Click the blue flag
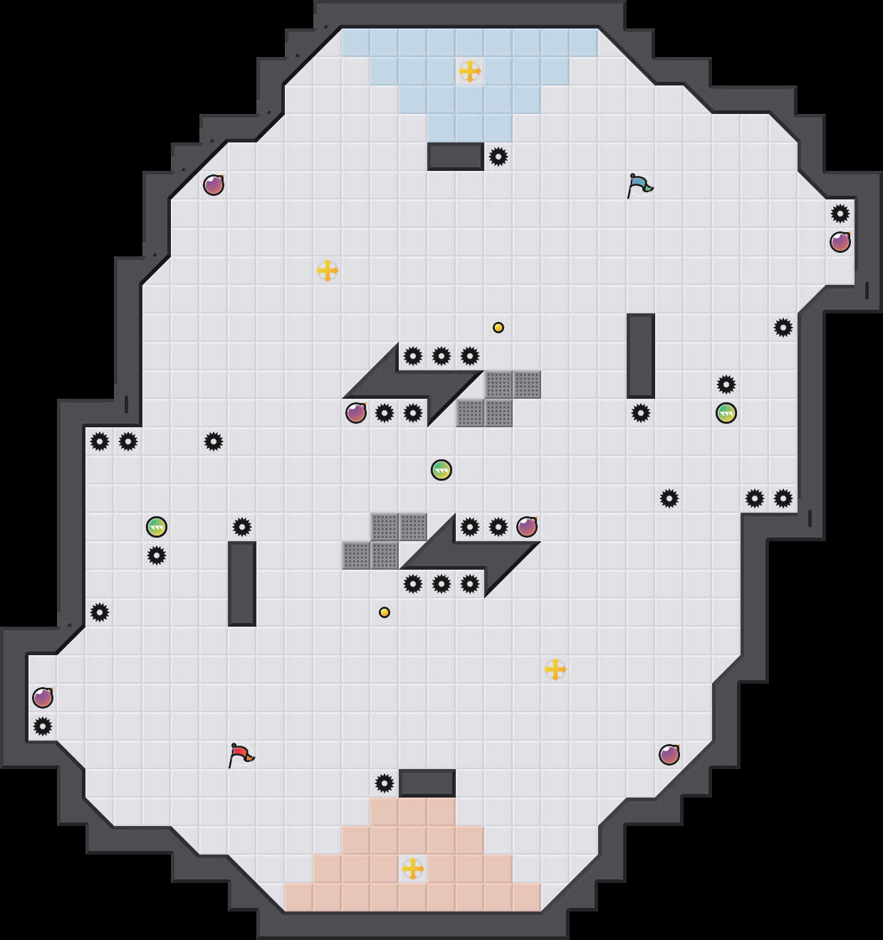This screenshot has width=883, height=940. (639, 185)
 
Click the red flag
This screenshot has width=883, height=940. (240, 755)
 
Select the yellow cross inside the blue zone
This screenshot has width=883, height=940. (470, 71)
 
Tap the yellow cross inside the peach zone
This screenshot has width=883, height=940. (413, 869)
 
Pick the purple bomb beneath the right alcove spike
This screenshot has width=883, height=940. (840, 242)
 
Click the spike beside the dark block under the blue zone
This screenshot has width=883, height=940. (498, 157)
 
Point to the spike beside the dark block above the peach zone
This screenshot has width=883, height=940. (385, 783)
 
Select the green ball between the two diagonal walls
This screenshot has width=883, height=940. (441, 470)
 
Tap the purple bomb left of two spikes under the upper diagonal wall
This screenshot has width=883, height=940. (356, 413)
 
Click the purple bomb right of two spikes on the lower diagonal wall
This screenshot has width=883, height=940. (527, 527)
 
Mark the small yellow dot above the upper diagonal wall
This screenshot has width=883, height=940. (498, 328)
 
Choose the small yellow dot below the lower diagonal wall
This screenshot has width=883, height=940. (385, 612)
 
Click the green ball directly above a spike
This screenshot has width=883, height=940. (157, 527)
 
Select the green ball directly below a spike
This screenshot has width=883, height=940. (726, 413)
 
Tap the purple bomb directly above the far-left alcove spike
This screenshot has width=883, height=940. (43, 698)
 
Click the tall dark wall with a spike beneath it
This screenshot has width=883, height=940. (641, 356)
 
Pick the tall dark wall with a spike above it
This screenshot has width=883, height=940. (242, 584)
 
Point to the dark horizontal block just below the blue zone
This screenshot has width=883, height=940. (456, 157)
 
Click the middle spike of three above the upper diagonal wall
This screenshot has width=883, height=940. (441, 356)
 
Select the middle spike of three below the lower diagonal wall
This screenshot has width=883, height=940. (441, 584)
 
